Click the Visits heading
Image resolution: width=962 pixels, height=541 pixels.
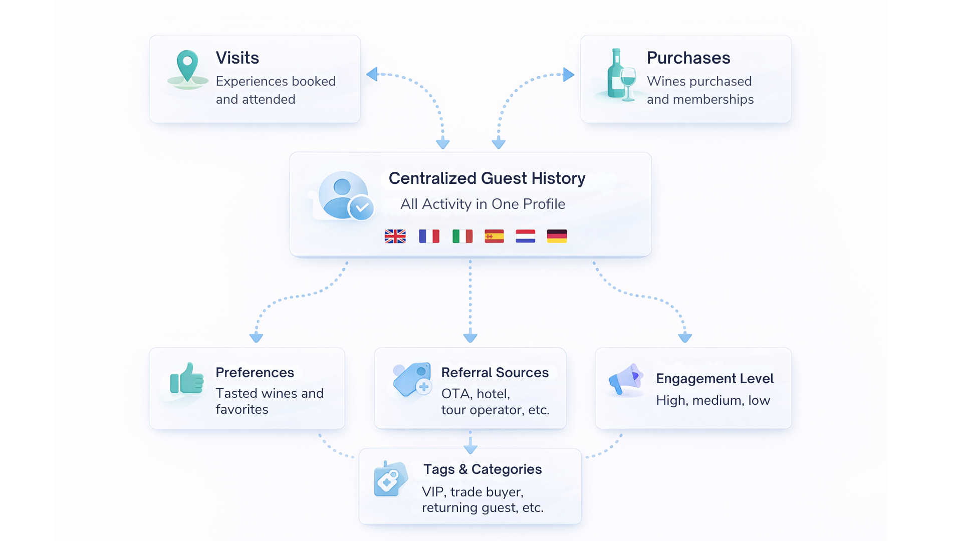tap(237, 58)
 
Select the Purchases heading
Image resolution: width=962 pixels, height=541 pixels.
tap(688, 58)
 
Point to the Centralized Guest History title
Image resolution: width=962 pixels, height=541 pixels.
tap(487, 178)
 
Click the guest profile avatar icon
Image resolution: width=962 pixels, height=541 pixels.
tap(345, 196)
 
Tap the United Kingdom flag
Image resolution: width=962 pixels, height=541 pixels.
tap(395, 236)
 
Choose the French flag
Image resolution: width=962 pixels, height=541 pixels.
tap(429, 236)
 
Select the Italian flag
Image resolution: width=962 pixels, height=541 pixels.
tap(462, 236)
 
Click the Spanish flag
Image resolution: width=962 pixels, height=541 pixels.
tap(494, 236)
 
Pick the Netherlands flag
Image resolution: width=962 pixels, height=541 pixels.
tap(525, 236)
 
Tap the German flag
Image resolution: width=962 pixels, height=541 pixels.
tap(557, 236)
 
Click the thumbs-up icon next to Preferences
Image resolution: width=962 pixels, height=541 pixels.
tap(187, 379)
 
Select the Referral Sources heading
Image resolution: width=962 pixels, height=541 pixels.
tap(495, 373)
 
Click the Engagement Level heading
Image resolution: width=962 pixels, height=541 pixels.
tap(714, 379)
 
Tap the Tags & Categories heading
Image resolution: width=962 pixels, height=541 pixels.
tap(482, 469)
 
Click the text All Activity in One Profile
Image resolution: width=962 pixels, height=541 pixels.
tap(483, 204)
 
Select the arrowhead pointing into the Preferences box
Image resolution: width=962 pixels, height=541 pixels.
tap(256, 337)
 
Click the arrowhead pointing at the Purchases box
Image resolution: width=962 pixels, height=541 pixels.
tap(568, 75)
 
